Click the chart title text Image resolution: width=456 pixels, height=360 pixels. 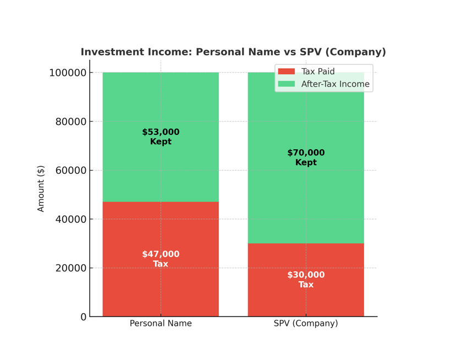[233, 52]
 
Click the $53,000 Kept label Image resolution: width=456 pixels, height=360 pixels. [161, 137]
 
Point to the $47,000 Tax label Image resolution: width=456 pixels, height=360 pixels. [161, 259]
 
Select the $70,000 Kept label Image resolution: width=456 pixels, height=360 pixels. [306, 157]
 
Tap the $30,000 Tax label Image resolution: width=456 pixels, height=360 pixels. [306, 280]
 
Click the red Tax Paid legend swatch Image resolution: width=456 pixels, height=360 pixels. [286, 72]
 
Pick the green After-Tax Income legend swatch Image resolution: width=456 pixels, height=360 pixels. [286, 84]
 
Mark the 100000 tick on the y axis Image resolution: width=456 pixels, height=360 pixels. [68, 73]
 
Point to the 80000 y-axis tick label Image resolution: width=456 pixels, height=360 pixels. [71, 122]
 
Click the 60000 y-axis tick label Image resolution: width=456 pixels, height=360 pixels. [71, 171]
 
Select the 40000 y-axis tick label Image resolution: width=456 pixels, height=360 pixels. [71, 219]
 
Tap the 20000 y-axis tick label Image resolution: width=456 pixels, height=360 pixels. [71, 268]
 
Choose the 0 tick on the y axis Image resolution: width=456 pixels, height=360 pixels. [84, 317]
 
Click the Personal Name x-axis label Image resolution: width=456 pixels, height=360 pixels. [161, 324]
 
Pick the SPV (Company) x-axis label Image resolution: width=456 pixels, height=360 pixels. [306, 324]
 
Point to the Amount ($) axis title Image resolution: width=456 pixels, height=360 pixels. [41, 188]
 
